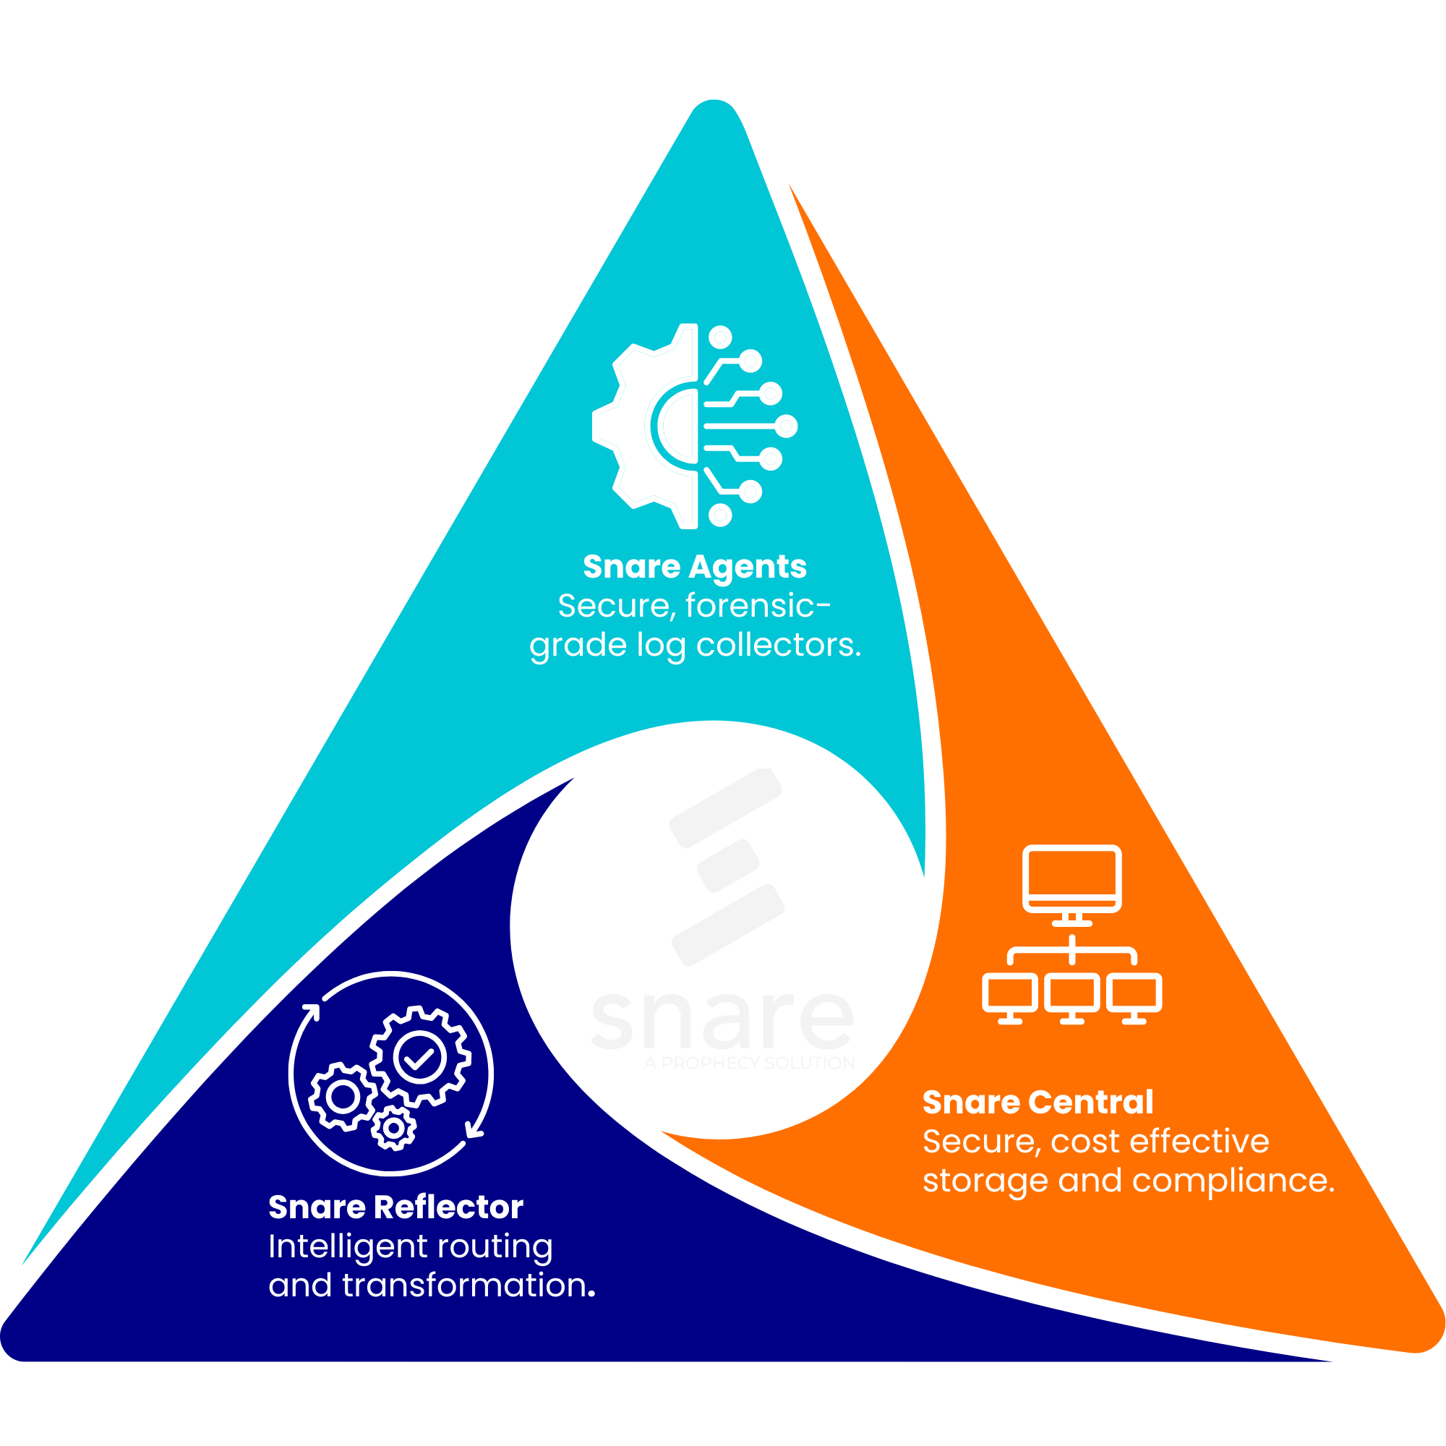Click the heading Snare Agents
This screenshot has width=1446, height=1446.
(x=695, y=567)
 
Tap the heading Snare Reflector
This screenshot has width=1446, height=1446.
(x=395, y=1207)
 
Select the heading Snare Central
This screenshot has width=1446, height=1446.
(x=1038, y=1103)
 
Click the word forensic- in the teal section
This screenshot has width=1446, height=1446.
(x=758, y=605)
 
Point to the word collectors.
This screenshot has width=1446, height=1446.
(x=779, y=645)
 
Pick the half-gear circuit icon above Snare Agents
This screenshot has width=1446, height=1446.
(x=695, y=426)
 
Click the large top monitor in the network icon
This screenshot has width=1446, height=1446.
(x=1071, y=878)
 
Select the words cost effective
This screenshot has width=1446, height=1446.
(x=1160, y=1142)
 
